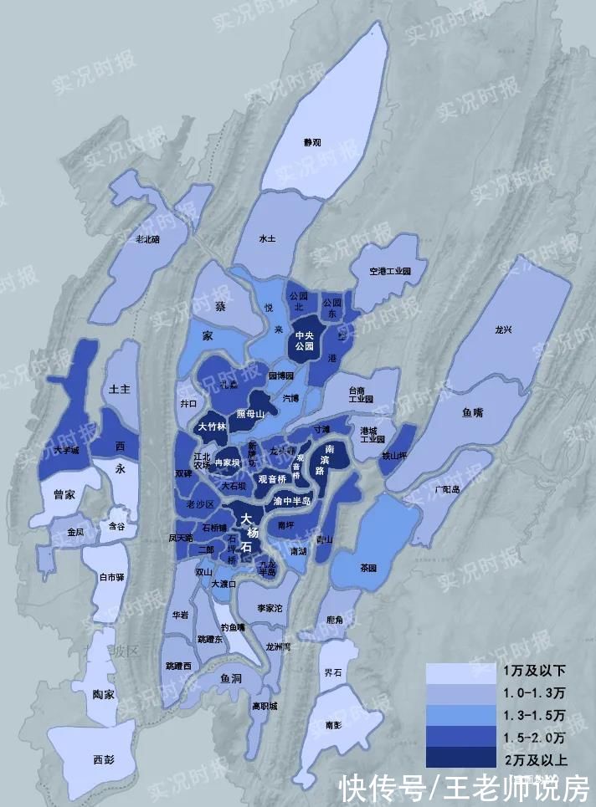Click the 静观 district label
311,142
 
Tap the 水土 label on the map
267,238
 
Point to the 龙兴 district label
503,329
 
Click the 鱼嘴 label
473,412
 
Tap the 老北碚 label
147,238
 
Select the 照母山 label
250,413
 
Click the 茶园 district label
368,567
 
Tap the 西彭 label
103,759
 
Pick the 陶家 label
105,694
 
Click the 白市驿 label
111,577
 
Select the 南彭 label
334,724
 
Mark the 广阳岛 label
449,488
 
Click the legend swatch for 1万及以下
460,672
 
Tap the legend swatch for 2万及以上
460,758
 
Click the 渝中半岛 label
292,501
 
